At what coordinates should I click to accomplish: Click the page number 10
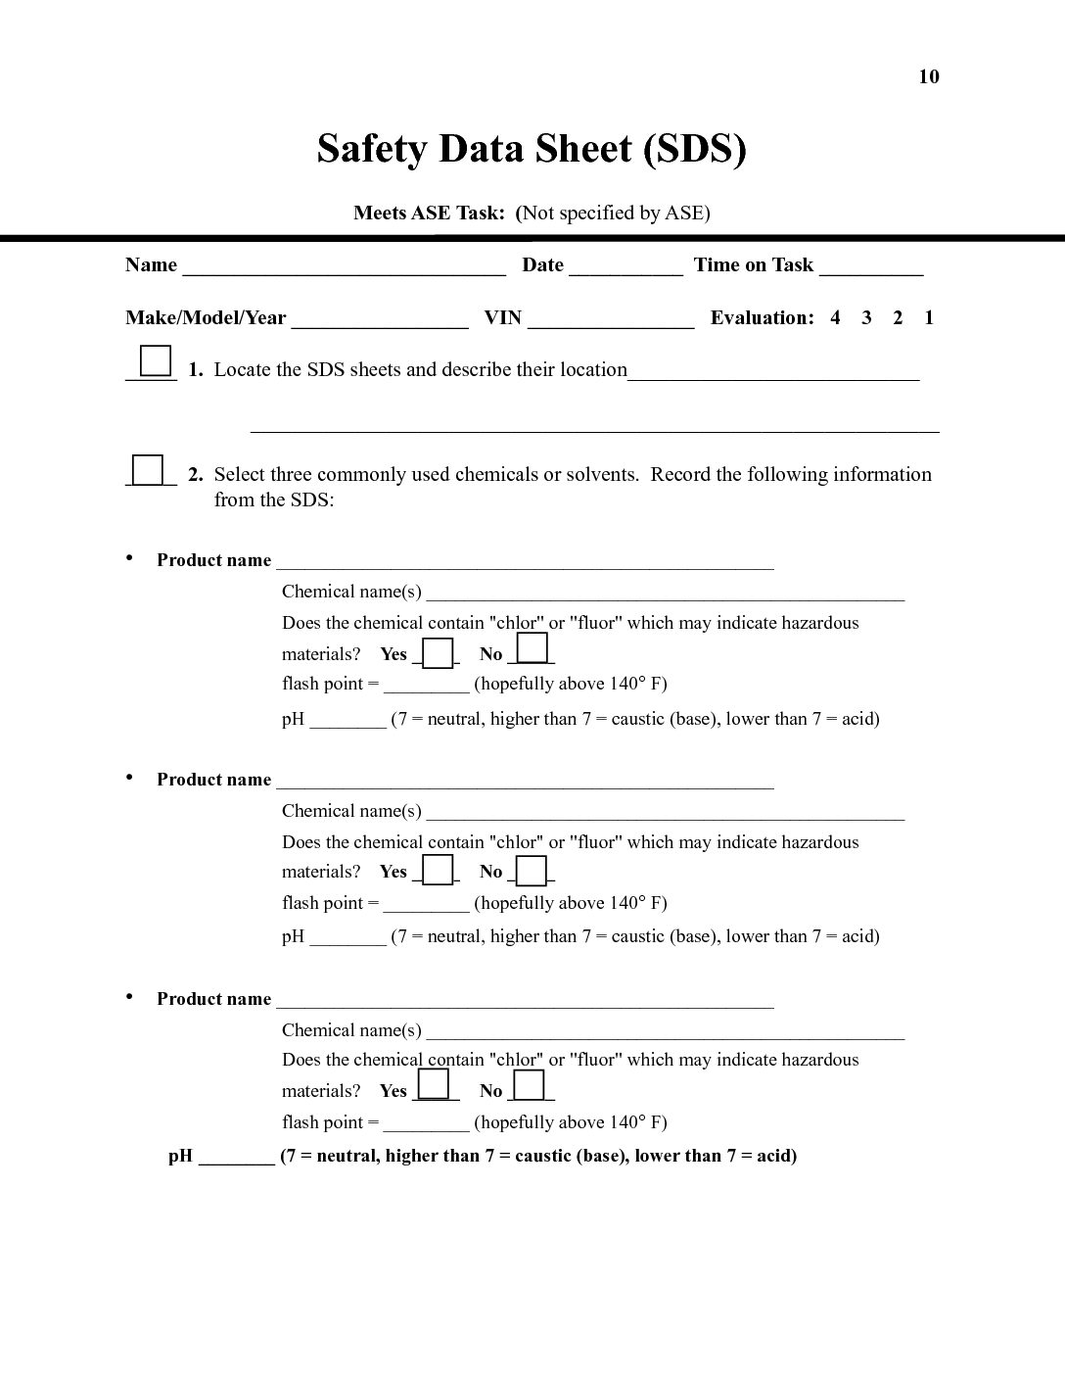928,77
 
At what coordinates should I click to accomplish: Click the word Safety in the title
372,149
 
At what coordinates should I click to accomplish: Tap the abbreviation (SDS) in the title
694,149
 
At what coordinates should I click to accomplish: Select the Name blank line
344,270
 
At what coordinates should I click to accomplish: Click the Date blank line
625,270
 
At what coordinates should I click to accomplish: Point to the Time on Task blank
871,270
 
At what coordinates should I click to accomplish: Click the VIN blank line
611,323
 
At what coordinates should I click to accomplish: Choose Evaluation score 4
835,317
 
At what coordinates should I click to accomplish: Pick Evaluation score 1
929,317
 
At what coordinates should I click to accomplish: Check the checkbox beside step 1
156,361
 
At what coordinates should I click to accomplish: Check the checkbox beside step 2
148,470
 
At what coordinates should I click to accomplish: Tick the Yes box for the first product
438,652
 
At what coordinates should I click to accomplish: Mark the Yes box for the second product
438,870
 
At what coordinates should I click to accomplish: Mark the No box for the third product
529,1085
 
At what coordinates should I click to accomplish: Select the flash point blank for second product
426,907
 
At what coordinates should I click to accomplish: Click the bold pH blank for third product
236,1161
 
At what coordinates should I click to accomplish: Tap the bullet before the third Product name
129,996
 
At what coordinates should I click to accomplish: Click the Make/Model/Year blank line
380,323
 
